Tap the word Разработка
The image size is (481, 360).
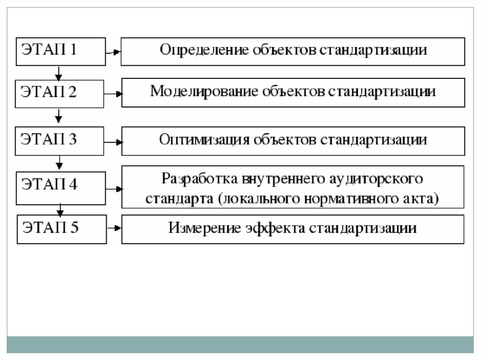(x=200, y=179)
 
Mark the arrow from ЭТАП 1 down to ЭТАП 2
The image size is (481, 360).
(x=58, y=73)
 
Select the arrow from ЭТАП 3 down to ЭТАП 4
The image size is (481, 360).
(x=59, y=163)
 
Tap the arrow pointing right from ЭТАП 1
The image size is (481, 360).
(x=113, y=53)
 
